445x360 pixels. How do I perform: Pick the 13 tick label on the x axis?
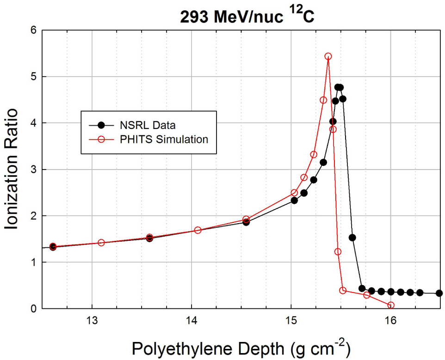[92, 321]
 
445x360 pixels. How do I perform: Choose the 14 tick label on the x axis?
[192, 321]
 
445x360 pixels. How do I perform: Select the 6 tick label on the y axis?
[32, 30]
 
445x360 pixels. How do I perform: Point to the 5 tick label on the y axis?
[32, 76]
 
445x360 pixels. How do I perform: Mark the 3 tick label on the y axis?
[32, 169]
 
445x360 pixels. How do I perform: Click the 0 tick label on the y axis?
[32, 308]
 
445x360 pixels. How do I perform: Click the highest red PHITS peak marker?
[328, 56]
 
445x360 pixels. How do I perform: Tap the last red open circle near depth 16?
[391, 305]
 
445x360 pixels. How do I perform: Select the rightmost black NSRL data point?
[439, 293]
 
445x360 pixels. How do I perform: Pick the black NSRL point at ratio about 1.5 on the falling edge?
[352, 238]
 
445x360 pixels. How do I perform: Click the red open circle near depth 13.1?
[101, 243]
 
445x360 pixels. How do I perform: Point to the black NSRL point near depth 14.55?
[246, 222]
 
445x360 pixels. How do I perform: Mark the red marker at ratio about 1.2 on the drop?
[338, 252]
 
